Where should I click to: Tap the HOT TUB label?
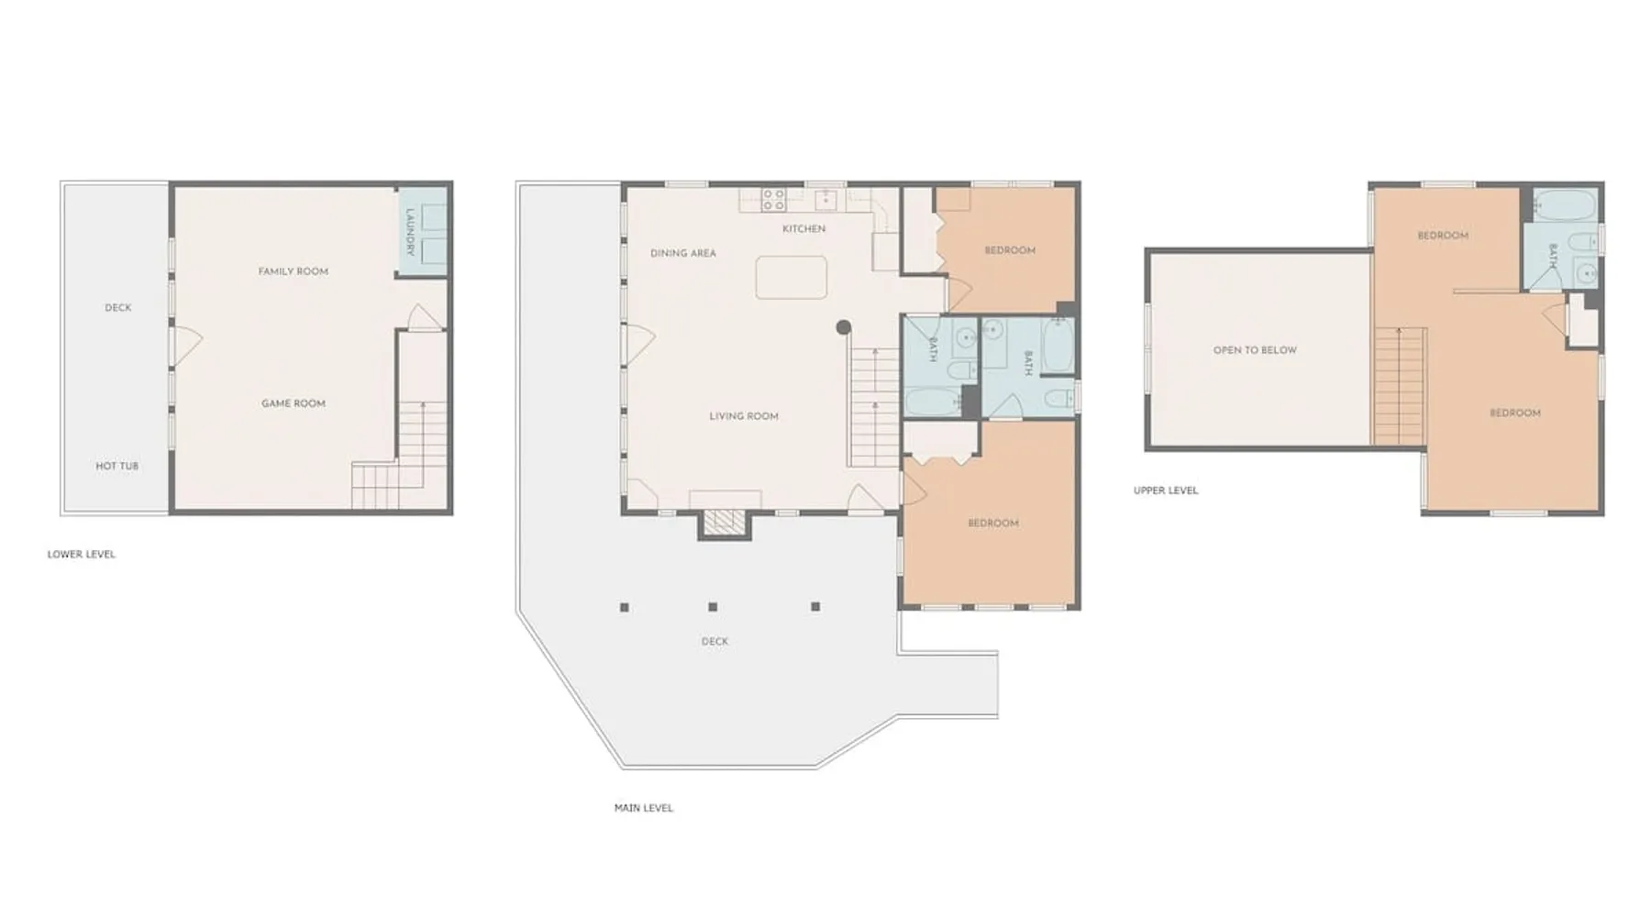[117, 466]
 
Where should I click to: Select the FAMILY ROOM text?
[294, 271]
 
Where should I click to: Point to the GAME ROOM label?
[294, 403]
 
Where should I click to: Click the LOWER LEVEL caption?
[82, 554]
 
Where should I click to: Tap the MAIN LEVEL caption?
[644, 808]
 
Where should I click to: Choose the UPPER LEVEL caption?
[1166, 491]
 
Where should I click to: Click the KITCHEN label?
[803, 228]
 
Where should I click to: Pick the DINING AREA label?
[683, 253]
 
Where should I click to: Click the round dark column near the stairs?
[843, 327]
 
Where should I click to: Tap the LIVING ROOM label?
[744, 416]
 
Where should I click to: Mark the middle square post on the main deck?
[713, 607]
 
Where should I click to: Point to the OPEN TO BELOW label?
[1255, 350]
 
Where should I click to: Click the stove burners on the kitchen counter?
[773, 200]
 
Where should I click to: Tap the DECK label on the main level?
[715, 642]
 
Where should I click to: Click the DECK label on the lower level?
[118, 308]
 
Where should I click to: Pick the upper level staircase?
[1400, 386]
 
